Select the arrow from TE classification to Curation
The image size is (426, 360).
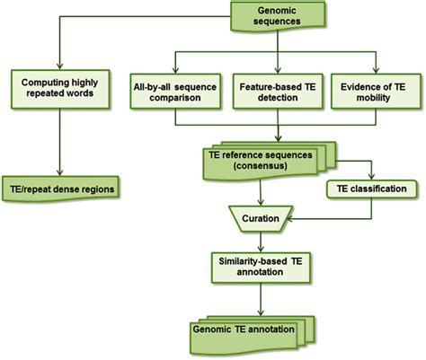333,217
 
